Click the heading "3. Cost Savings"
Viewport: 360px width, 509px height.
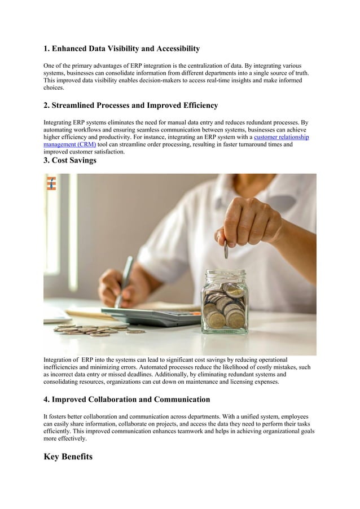point(70,161)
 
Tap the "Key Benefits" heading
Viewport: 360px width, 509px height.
point(68,457)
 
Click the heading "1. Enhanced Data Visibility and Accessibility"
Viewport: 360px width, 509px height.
point(121,49)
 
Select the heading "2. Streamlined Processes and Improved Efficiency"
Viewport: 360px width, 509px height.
point(130,106)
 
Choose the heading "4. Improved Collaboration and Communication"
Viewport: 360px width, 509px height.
point(126,400)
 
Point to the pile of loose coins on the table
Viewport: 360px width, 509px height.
point(96,329)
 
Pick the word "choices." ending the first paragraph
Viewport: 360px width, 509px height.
point(54,88)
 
